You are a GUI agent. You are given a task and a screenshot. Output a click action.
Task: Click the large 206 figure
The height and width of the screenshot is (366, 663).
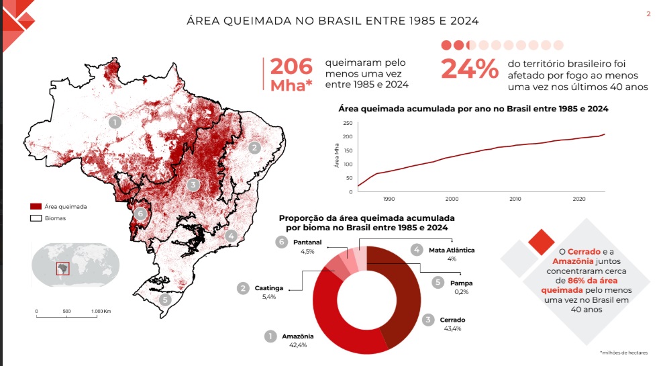point(291,67)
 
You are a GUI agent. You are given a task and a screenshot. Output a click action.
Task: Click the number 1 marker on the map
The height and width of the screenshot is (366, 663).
point(115,123)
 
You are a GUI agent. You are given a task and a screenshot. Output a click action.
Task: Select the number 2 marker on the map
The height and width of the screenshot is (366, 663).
point(254,148)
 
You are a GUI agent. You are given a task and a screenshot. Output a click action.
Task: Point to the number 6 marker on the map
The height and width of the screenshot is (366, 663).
point(140,214)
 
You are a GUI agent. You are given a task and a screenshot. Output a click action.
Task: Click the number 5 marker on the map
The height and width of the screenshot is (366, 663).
point(164,300)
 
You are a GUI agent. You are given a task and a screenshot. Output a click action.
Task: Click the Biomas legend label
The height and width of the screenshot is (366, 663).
point(55,218)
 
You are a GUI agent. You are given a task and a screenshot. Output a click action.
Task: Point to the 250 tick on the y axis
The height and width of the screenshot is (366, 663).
point(347,123)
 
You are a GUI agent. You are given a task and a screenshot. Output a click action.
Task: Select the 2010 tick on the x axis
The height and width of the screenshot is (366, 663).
point(515,199)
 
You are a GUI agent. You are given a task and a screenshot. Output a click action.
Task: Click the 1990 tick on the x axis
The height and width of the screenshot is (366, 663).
point(389,199)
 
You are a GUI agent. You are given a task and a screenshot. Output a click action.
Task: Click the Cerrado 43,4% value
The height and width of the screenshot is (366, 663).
point(452,329)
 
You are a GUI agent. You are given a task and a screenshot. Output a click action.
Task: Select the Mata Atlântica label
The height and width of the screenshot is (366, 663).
point(452,250)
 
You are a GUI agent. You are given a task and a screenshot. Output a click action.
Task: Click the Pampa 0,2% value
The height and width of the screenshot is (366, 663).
point(460,291)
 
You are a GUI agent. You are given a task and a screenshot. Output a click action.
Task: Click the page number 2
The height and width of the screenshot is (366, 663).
point(648,14)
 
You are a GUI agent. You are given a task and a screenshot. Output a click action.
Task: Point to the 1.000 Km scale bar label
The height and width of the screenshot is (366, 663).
point(101,311)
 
